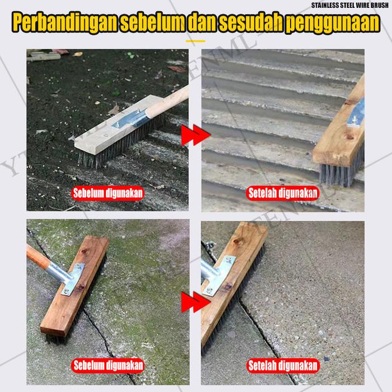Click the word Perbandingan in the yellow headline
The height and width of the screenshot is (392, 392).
[x=64, y=23]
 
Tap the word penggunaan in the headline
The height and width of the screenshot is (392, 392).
[x=333, y=23]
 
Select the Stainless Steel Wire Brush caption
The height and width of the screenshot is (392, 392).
[x=350, y=5]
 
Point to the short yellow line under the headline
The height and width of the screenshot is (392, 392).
[x=195, y=41]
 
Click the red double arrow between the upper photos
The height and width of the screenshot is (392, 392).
[x=196, y=135]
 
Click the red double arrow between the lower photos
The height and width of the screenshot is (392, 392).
[x=196, y=302]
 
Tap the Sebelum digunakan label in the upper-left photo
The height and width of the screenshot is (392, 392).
[x=108, y=193]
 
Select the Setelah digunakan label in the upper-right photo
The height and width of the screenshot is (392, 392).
[x=283, y=193]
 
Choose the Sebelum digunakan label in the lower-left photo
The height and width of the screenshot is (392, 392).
[x=108, y=366]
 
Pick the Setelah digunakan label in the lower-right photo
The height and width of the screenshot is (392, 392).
[x=283, y=366]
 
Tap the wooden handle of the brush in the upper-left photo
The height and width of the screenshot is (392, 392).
[x=169, y=101]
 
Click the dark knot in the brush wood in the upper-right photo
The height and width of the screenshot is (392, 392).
[x=349, y=137]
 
